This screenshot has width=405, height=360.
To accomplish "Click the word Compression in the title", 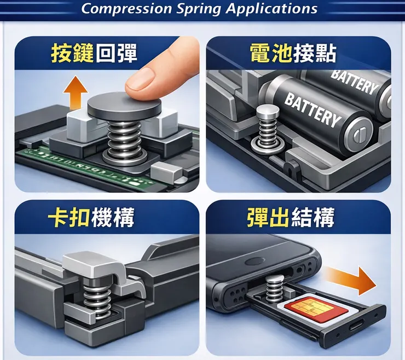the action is (x=126, y=9).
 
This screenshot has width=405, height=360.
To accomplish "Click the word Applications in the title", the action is (x=271, y=9).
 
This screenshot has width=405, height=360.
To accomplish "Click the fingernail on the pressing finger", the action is (x=140, y=79).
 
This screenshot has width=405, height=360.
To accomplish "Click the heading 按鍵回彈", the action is (x=94, y=53).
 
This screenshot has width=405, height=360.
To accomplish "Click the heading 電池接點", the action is (x=293, y=53).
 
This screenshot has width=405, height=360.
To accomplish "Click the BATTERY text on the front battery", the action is (x=313, y=110).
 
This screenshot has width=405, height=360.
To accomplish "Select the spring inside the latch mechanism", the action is (x=97, y=298).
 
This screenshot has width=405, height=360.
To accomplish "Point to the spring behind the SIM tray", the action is (x=276, y=288).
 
